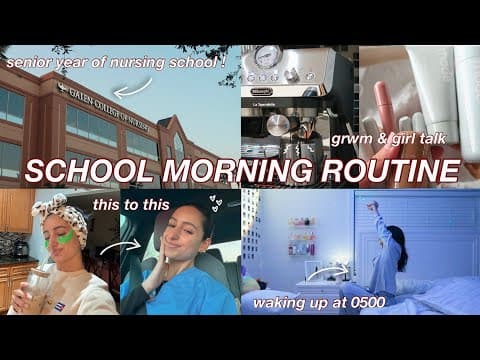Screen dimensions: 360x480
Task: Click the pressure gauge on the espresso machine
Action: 267,57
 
